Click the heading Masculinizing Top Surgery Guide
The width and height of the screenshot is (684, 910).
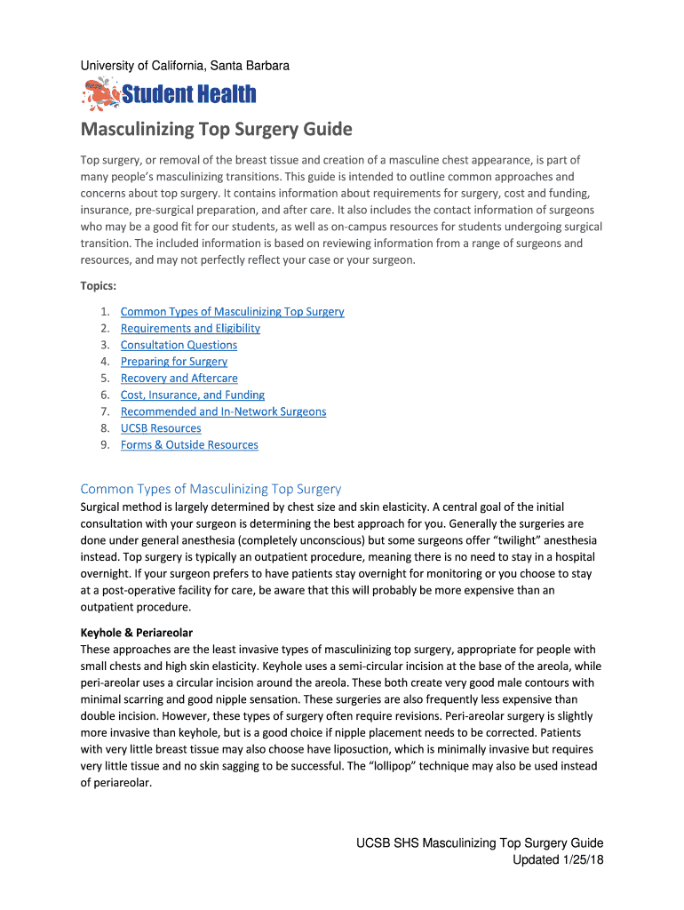click(x=217, y=130)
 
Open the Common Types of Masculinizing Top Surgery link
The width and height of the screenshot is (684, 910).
click(x=232, y=311)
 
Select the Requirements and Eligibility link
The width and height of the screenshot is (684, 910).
click(x=190, y=328)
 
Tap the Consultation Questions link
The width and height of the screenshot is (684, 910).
click(x=179, y=345)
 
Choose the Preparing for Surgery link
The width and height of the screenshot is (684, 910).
click(x=173, y=362)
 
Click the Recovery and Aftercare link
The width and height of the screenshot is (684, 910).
click(x=179, y=378)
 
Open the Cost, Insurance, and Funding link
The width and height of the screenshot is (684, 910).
click(x=192, y=395)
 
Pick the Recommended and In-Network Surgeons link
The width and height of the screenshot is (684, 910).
click(x=223, y=411)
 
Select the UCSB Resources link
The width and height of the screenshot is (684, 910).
click(x=161, y=428)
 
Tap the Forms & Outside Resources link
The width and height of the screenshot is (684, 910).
click(x=189, y=444)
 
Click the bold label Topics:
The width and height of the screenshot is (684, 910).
click(x=99, y=286)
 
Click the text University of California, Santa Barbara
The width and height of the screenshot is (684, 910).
click(x=185, y=66)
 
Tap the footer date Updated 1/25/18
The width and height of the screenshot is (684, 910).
click(x=558, y=860)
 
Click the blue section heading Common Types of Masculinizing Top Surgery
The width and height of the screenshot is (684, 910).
click(x=211, y=489)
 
